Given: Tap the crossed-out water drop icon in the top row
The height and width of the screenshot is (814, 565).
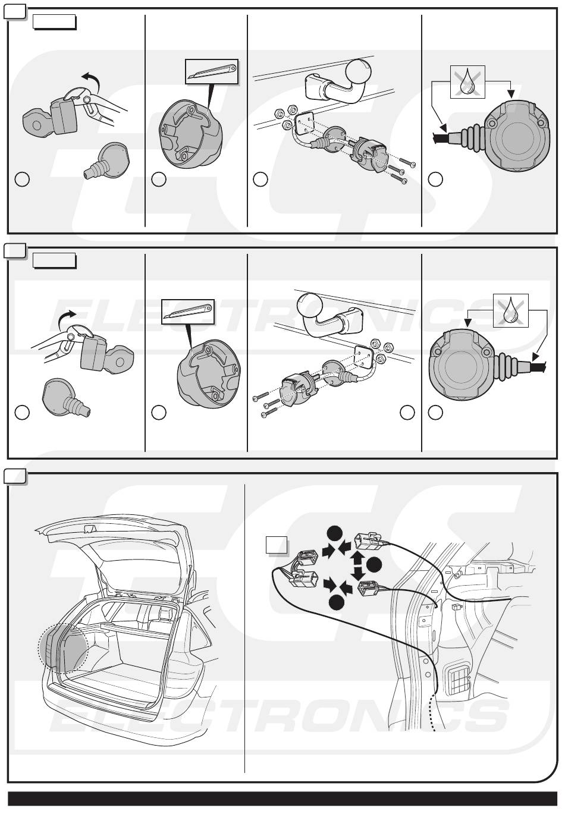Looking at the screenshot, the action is point(467,82).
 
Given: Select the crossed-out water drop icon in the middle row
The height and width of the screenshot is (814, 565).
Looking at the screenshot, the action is point(510,310).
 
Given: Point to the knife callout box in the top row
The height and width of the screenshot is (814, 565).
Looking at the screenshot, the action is point(212,71).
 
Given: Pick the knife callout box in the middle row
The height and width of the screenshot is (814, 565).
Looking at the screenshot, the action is point(187,312).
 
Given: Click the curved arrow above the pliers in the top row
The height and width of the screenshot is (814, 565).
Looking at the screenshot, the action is point(91,80).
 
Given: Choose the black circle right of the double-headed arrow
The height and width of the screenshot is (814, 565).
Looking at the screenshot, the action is point(374,565).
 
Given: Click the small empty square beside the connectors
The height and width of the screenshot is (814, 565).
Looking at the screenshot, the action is point(277,545).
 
